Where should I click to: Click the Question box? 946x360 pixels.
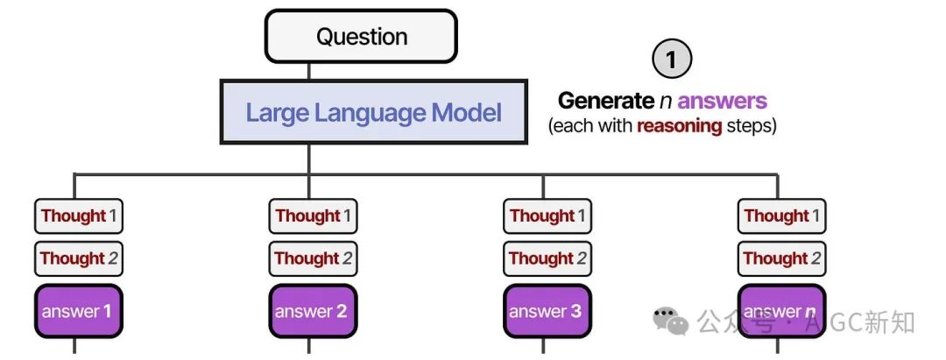[361, 36]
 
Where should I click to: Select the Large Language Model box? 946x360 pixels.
[373, 112]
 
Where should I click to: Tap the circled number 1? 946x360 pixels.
[672, 59]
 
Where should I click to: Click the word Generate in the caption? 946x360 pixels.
[606, 100]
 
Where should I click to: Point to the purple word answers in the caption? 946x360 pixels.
[722, 101]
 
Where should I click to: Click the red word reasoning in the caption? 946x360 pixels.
[679, 127]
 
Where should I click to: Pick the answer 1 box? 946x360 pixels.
[79, 311]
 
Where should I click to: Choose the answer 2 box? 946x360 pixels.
[313, 311]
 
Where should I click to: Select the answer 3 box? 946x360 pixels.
[547, 311]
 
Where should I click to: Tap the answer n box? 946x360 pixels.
[781, 311]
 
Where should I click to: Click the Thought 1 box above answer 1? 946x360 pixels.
[79, 215]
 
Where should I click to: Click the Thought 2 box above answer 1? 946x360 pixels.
[79, 258]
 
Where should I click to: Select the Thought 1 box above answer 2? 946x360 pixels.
[313, 215]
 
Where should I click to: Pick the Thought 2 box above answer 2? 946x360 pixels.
[313, 258]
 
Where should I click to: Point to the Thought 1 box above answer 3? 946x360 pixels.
[547, 215]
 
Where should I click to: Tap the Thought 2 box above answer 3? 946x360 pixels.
[547, 258]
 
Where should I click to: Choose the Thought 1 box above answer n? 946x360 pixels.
[781, 215]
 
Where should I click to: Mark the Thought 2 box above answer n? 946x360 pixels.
[781, 258]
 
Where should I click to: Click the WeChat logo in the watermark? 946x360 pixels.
[670, 321]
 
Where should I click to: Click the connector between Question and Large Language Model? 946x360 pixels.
[309, 71]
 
